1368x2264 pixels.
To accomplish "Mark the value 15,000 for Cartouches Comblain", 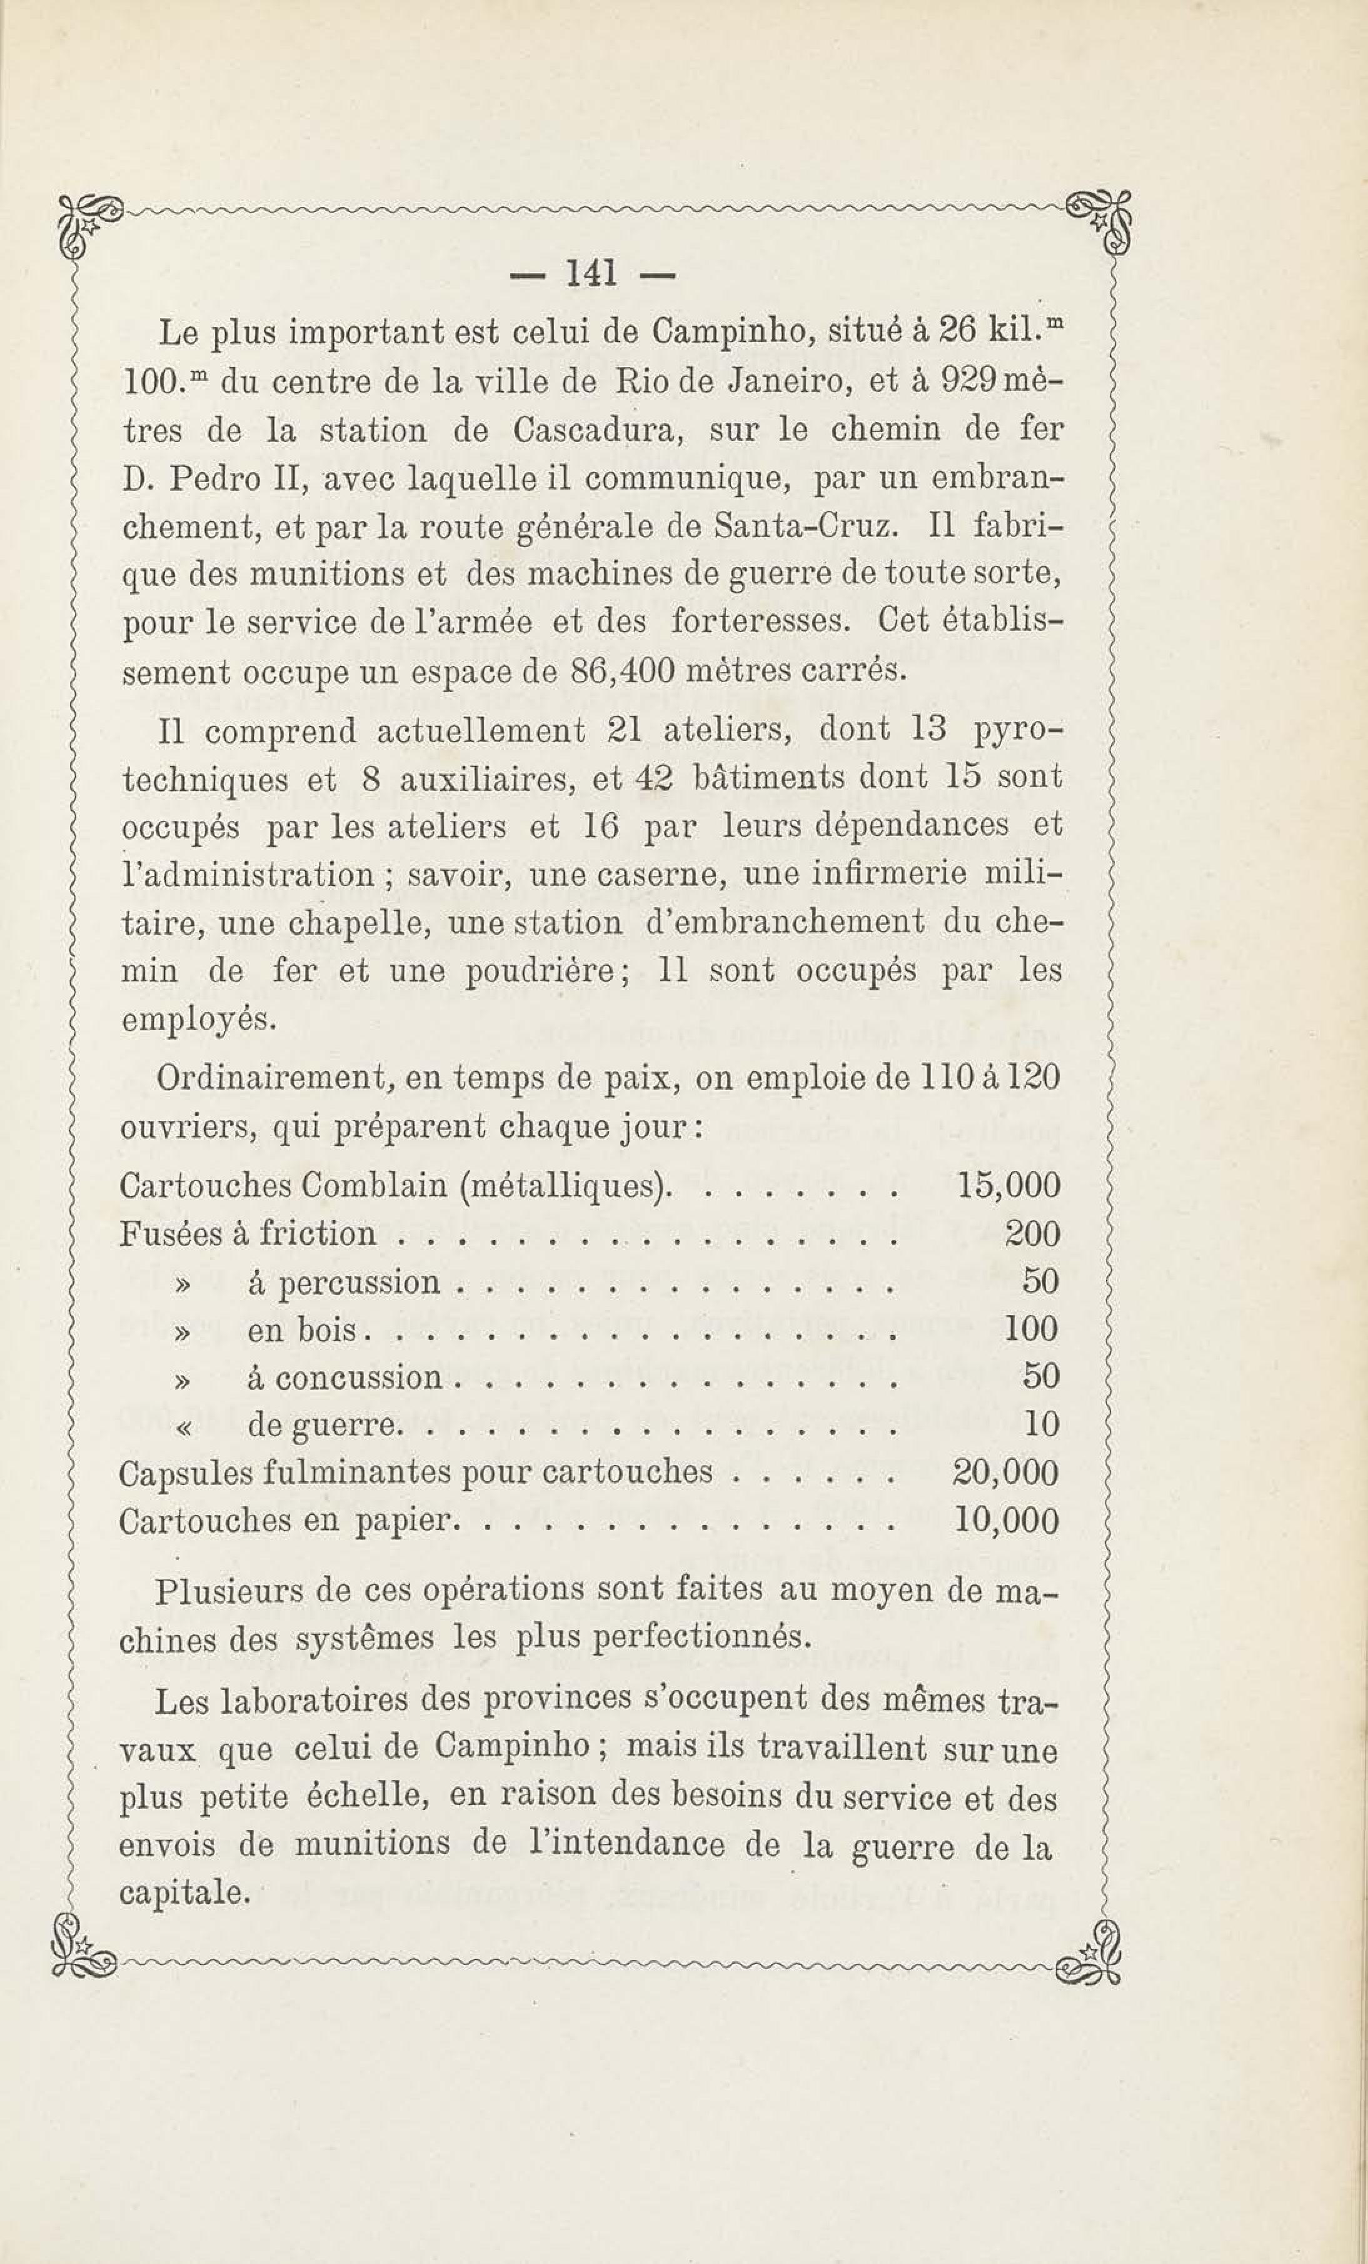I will [1008, 1185].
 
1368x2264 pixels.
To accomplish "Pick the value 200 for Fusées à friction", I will [1033, 1233].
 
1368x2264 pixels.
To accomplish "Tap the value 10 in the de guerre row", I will [1042, 1424].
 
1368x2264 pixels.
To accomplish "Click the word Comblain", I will [376, 1185].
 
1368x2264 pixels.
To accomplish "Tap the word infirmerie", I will [889, 873].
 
